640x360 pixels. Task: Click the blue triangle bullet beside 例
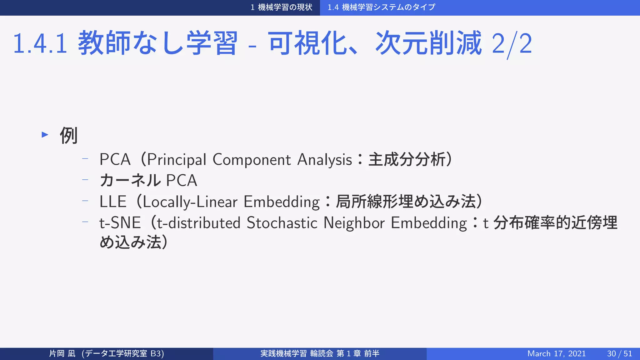click(x=45, y=135)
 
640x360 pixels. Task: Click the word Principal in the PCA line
click(x=177, y=160)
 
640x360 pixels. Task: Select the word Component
click(x=252, y=160)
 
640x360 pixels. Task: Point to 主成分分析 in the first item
click(x=407, y=159)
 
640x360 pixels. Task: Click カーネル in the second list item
click(x=130, y=181)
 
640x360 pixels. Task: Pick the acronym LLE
click(x=113, y=202)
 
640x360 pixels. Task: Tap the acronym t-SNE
click(x=120, y=223)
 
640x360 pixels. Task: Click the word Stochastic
click(x=282, y=223)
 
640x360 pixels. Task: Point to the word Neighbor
click(x=354, y=223)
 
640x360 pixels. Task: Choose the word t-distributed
click(x=198, y=223)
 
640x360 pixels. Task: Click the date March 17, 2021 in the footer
click(x=556, y=353)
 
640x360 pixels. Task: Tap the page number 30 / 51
click(x=619, y=353)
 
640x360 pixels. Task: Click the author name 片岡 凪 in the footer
click(x=62, y=353)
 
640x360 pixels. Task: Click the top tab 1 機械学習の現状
click(x=281, y=7)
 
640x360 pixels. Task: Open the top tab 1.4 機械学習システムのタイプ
click(x=381, y=7)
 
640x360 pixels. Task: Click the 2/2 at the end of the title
click(x=512, y=44)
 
